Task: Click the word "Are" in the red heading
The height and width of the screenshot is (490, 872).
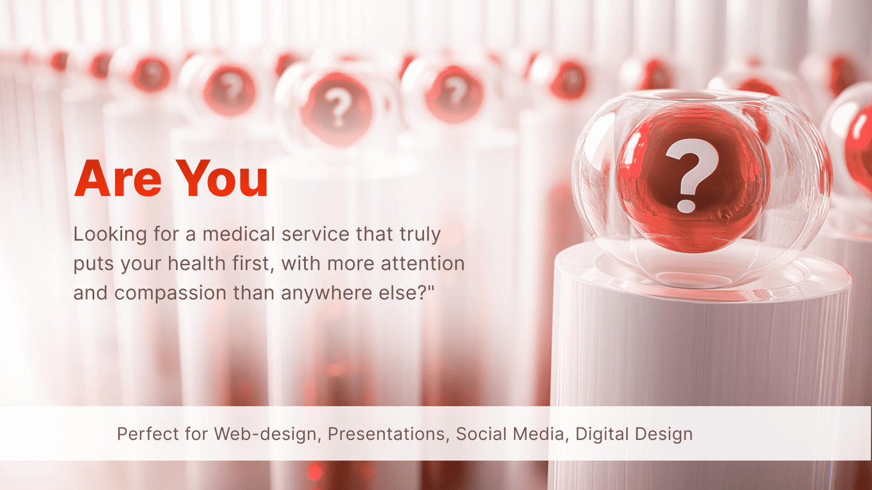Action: (x=117, y=178)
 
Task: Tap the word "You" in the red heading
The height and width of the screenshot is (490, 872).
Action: (x=222, y=178)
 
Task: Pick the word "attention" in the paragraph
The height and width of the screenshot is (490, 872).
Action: (x=423, y=263)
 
